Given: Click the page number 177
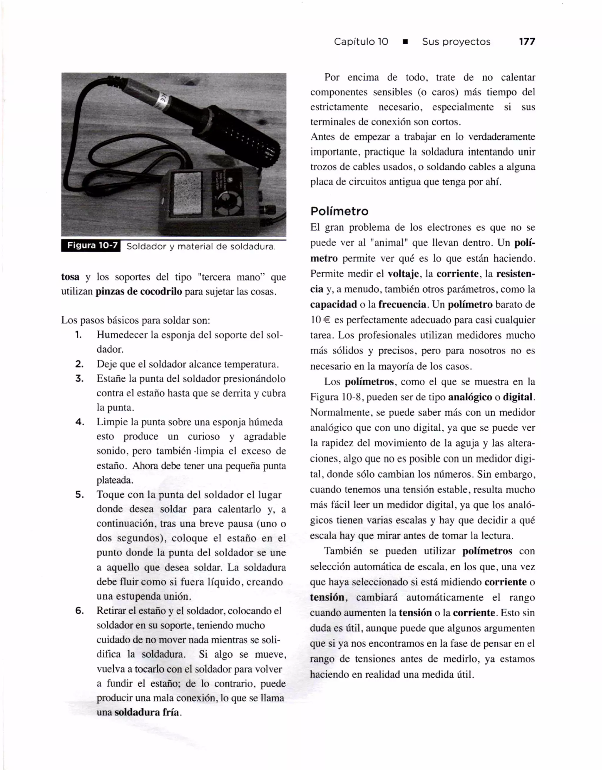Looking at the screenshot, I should (527, 42).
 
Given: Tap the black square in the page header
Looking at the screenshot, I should (405, 42).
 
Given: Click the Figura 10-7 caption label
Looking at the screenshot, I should (91, 246).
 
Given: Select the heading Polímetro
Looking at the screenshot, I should (339, 212).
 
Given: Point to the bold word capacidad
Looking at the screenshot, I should (333, 305).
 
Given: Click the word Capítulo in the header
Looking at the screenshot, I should (354, 42).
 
